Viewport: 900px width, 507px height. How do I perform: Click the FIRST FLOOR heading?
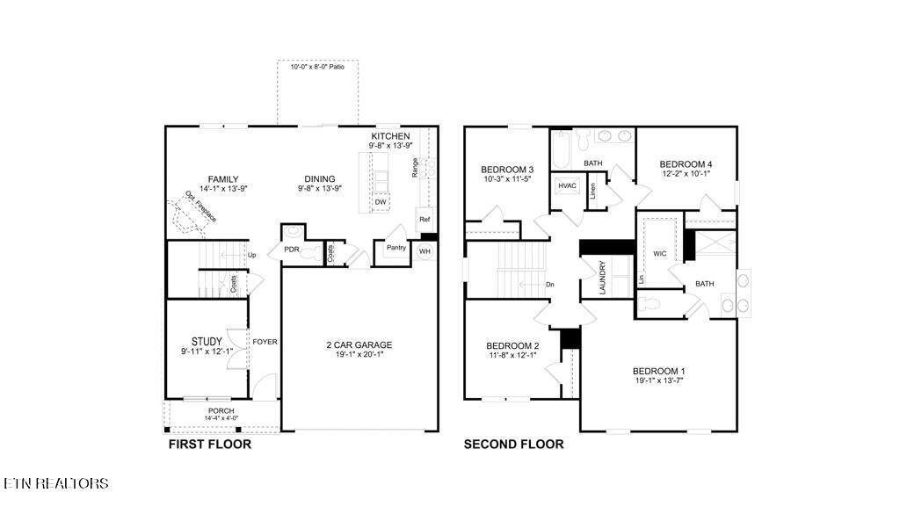(x=209, y=445)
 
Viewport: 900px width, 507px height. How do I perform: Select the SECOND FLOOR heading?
(x=513, y=445)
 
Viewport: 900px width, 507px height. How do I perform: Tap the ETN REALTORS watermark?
(x=56, y=483)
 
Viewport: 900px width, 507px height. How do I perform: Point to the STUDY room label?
(x=207, y=342)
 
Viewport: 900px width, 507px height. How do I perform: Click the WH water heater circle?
(x=425, y=252)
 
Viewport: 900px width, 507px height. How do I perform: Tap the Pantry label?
(x=396, y=248)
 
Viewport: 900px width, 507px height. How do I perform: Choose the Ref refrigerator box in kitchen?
(x=424, y=220)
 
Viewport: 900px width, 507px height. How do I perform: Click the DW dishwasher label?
(x=380, y=202)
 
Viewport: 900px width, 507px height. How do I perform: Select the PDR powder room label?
(x=291, y=250)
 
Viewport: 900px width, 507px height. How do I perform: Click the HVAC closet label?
(x=566, y=185)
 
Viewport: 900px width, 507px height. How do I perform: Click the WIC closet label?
(x=660, y=254)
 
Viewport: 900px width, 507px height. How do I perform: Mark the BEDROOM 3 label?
(x=507, y=170)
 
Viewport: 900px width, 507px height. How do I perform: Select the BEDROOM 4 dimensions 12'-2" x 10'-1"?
(x=686, y=174)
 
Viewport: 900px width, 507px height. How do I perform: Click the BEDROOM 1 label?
(x=659, y=371)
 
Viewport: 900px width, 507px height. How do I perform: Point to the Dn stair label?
(x=550, y=285)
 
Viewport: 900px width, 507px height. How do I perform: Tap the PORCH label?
(x=221, y=411)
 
